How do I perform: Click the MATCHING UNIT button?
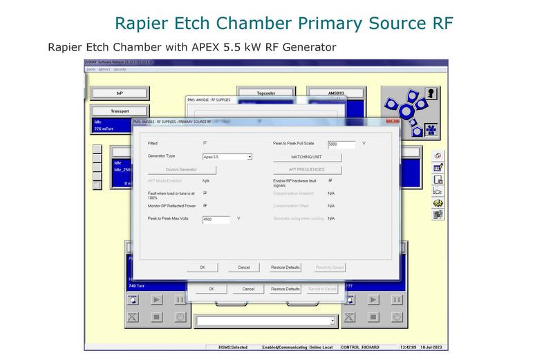pyautogui.click(x=307, y=157)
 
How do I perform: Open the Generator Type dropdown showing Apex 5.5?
pyautogui.click(x=250, y=157)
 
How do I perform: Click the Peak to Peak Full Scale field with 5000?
pyautogui.click(x=341, y=144)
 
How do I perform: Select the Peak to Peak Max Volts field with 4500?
pyautogui.click(x=216, y=220)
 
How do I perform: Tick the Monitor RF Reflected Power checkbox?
pyautogui.click(x=205, y=205)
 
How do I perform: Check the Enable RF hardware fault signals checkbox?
pyautogui.click(x=330, y=180)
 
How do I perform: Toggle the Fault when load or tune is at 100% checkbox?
pyautogui.click(x=205, y=193)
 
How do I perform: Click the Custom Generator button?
pyautogui.click(x=182, y=169)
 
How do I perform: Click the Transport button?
pyautogui.click(x=120, y=111)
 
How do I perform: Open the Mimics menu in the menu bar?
pyautogui.click(x=105, y=69)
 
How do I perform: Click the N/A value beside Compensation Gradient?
pyautogui.click(x=331, y=193)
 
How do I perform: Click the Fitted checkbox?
pyautogui.click(x=205, y=143)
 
